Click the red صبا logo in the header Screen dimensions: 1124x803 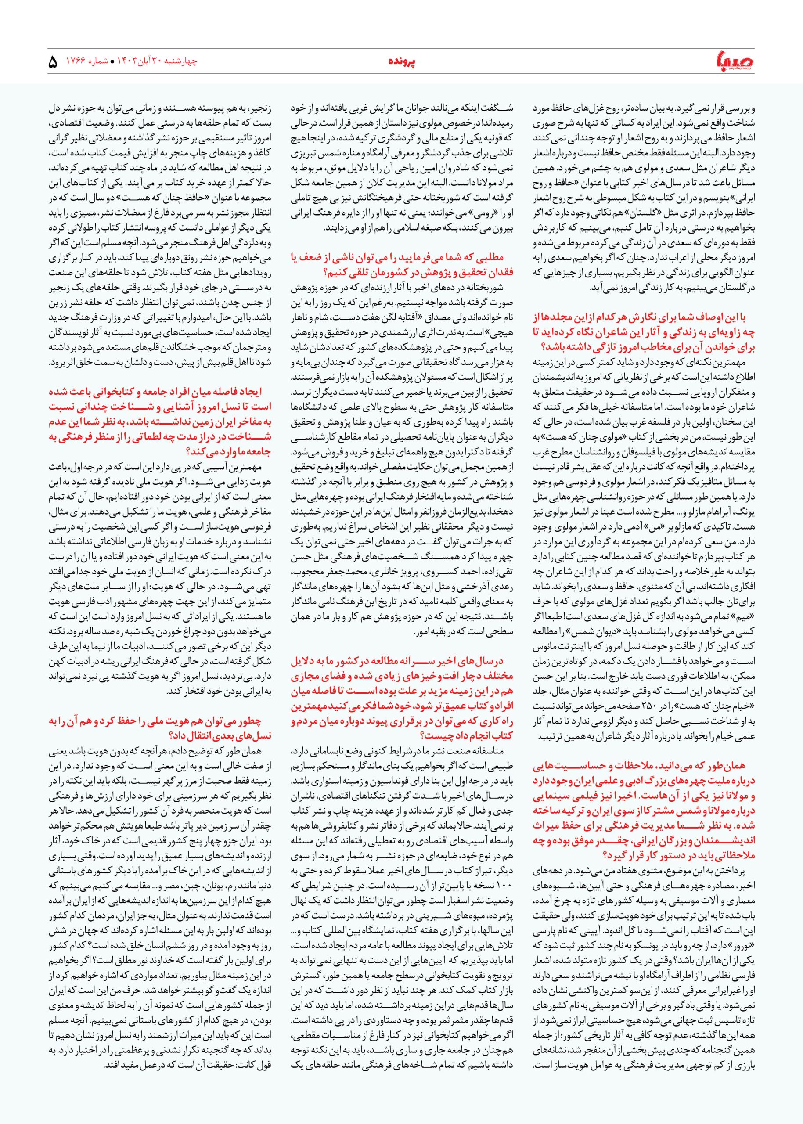[733, 62]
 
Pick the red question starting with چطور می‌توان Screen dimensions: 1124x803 [161, 728]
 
